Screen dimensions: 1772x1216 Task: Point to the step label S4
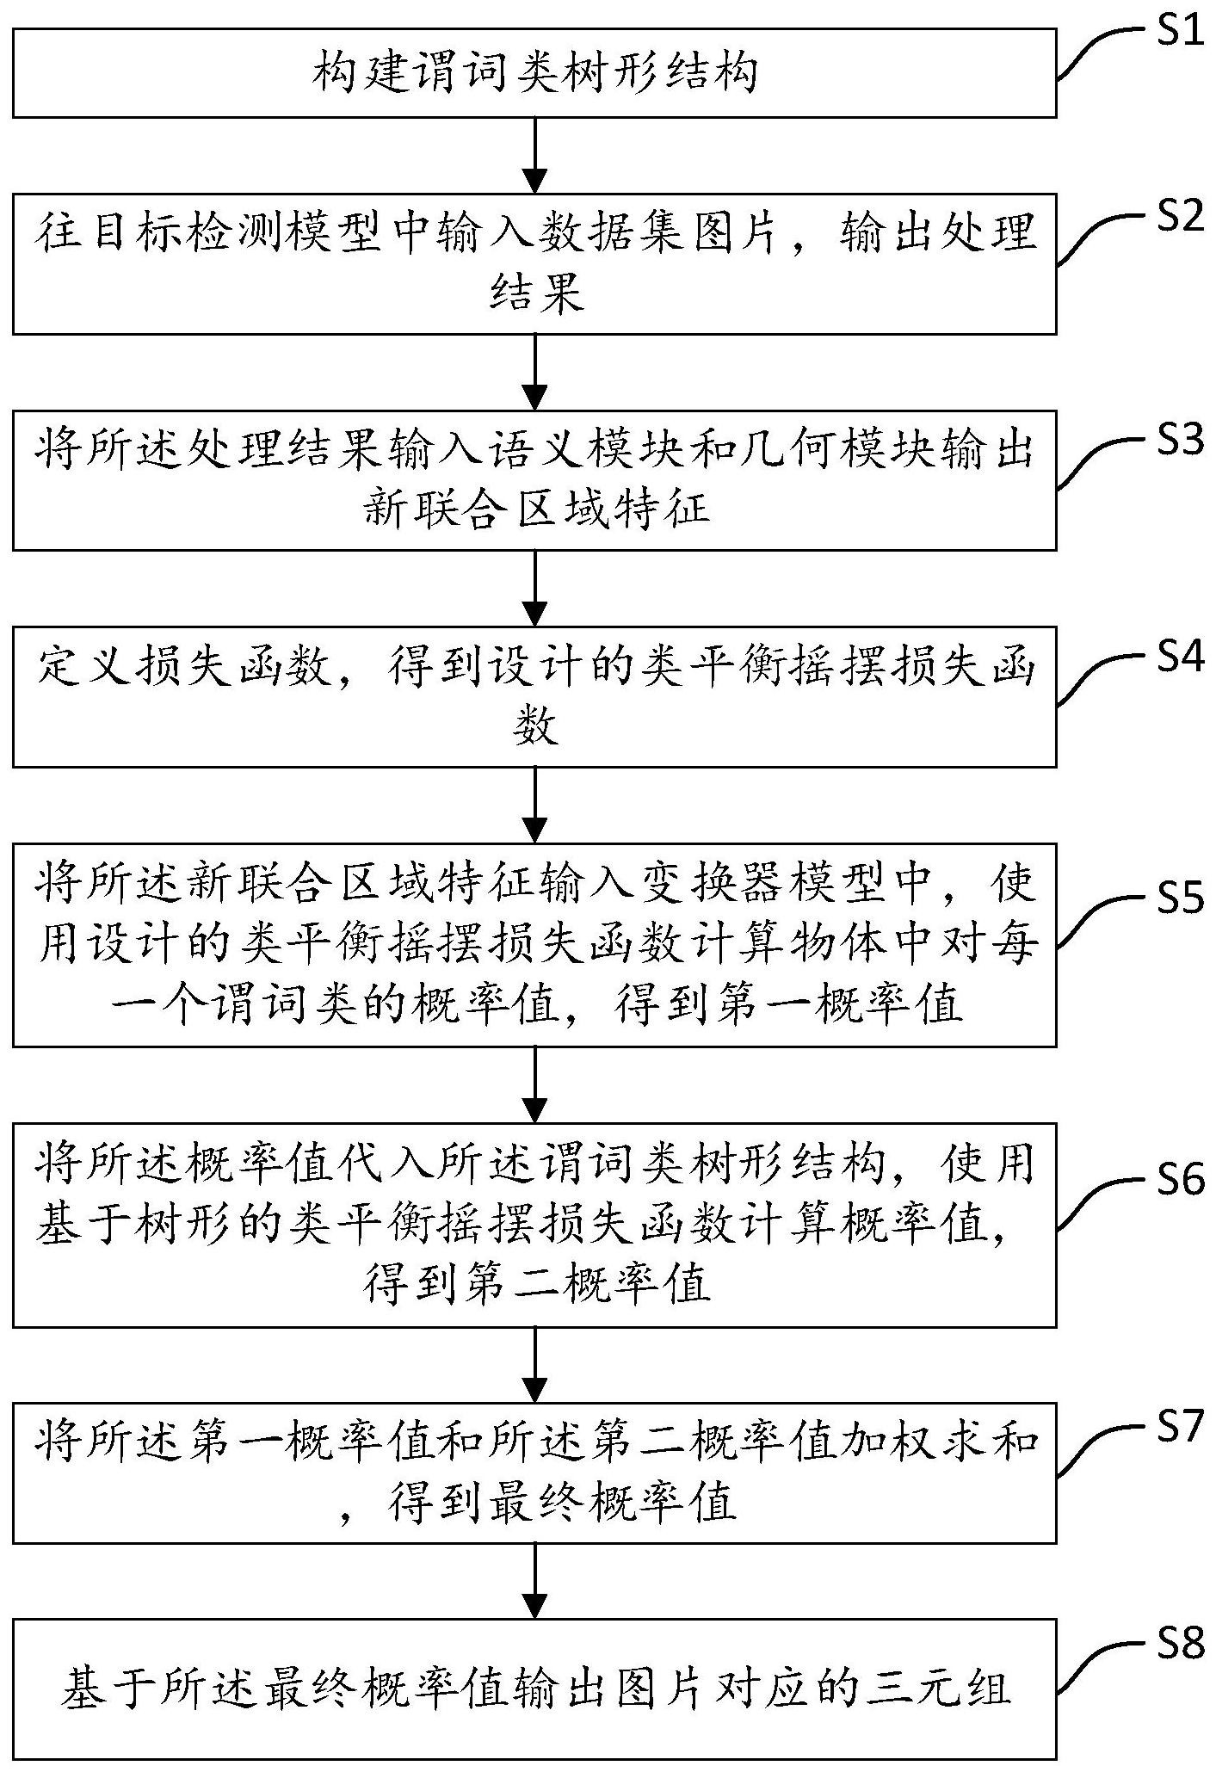tap(1178, 658)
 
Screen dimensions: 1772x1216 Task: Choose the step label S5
tap(1178, 898)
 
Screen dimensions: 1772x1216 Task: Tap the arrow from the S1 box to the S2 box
tap(535, 155)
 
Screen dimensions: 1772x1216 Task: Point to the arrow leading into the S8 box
tap(535, 1582)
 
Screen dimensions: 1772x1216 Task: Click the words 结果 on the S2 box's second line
tap(535, 294)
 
